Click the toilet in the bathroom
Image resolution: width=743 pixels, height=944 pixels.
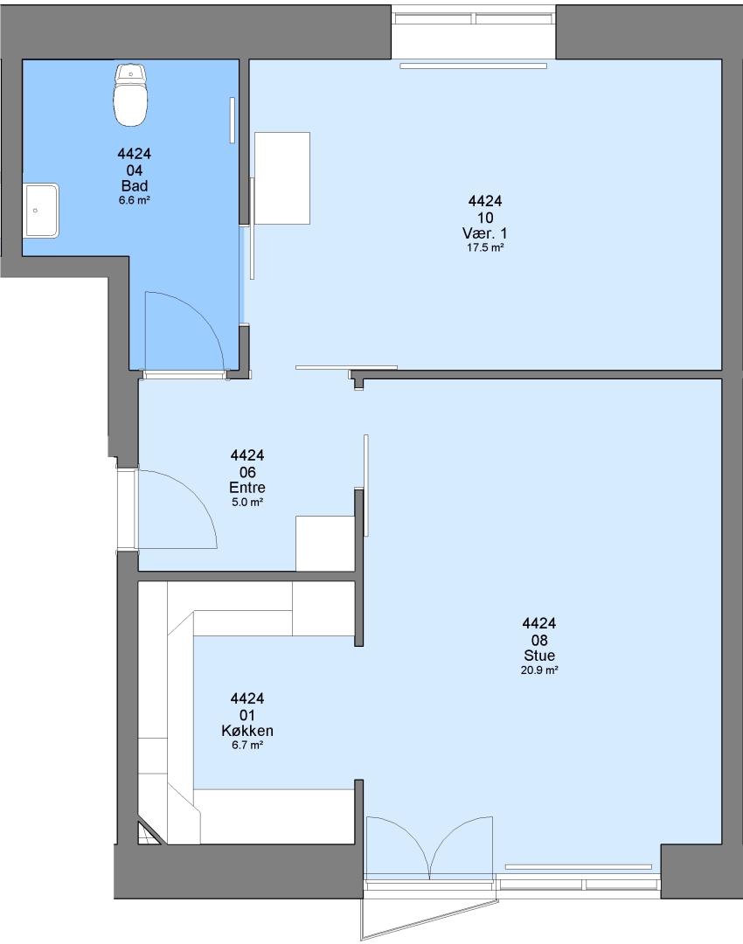130,95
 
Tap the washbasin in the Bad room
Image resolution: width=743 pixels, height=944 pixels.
41,210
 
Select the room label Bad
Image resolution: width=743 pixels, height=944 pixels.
135,186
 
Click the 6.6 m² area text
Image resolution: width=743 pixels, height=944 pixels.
135,200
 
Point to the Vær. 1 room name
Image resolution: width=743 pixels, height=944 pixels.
484,233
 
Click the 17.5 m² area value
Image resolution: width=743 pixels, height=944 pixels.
485,247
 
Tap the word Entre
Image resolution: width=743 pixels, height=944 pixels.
247,488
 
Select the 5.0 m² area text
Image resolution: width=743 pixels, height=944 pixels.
247,502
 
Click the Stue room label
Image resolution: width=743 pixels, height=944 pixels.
539,656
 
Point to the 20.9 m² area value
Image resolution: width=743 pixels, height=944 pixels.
539,670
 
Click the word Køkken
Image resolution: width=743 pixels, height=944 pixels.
247,731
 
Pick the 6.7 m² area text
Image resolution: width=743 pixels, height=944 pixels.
247,746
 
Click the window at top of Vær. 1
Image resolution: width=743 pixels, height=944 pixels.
474,18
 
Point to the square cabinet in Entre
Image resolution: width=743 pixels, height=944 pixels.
324,543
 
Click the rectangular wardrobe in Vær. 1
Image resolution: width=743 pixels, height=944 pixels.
281,178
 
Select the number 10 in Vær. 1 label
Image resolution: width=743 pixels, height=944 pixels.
485,218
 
